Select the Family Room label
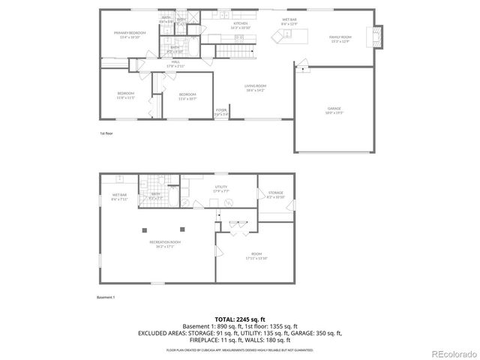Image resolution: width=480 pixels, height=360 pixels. coord(340,39)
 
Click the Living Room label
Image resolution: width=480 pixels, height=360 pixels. coord(256,87)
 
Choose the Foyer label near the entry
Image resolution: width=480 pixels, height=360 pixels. coord(222,111)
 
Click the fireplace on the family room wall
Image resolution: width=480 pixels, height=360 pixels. coord(377,34)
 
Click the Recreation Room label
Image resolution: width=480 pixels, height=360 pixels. coord(164,244)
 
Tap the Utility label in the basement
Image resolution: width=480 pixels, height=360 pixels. coord(220,188)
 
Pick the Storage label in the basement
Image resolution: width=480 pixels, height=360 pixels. coord(276,193)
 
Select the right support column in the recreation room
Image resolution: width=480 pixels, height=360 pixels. coord(181,229)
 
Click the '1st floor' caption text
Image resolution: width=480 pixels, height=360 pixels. coord(106,133)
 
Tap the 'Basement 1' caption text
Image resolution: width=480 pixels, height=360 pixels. coord(105,298)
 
